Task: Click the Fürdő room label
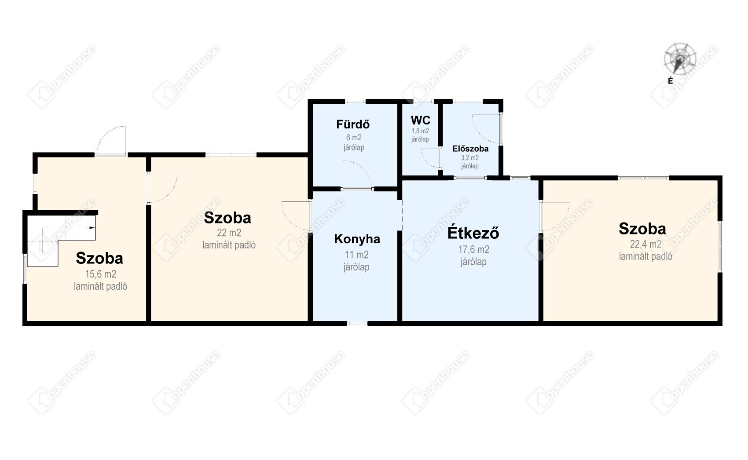(353, 124)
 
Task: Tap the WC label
(420, 120)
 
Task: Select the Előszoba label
(470, 149)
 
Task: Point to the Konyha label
(357, 239)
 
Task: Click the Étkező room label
(473, 233)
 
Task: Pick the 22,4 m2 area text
(645, 245)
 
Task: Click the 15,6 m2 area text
(100, 274)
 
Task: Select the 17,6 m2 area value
(473, 249)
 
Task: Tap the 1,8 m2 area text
(420, 131)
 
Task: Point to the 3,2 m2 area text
(470, 157)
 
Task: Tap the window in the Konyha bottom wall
(357, 323)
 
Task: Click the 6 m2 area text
(354, 138)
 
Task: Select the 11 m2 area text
(357, 255)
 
